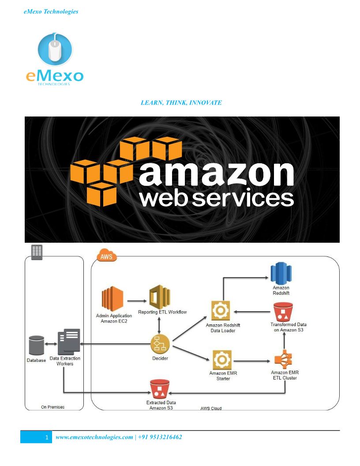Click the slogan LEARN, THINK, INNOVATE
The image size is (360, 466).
pos(181,103)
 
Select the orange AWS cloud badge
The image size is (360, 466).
pos(106,256)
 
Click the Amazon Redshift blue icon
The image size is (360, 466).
pos(281,274)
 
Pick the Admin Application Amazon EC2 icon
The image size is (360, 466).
pos(113,299)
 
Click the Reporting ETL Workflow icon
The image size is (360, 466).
pos(159,297)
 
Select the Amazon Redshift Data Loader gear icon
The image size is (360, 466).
pos(220,311)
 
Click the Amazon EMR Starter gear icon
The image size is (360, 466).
pos(220,360)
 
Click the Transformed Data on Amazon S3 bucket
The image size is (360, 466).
pos(283,312)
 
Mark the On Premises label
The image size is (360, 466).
pos(52,407)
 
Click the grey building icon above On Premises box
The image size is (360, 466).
pos(37,252)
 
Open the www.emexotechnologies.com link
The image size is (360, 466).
pos(94,437)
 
